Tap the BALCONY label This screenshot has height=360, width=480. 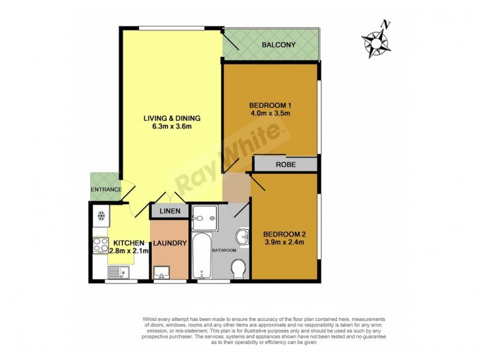pyautogui.click(x=278, y=45)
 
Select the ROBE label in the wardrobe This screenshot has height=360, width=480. pyautogui.click(x=285, y=164)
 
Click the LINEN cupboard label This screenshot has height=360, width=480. pyautogui.click(x=169, y=212)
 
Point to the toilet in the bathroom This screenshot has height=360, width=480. pyautogui.click(x=238, y=268)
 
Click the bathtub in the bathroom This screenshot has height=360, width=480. pyautogui.click(x=202, y=257)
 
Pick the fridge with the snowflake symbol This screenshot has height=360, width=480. pyautogui.click(x=100, y=215)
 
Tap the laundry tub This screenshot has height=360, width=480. pyautogui.click(x=161, y=274)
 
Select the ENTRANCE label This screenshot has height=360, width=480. pyautogui.click(x=106, y=190)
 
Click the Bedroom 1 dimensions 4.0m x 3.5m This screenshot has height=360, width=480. pyautogui.click(x=269, y=113)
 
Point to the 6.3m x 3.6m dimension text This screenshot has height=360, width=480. pyautogui.click(x=171, y=127)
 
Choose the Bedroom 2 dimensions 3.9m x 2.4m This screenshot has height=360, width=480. pyautogui.click(x=285, y=242)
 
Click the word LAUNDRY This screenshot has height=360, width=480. pyautogui.click(x=170, y=243)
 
